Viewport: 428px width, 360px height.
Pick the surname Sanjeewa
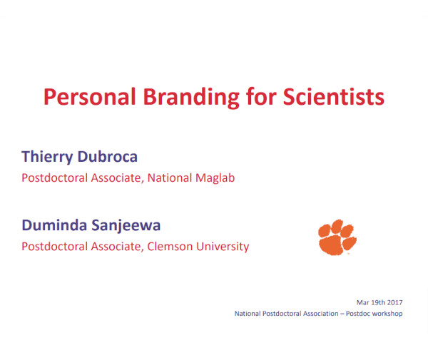[126, 226]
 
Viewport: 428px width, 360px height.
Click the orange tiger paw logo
[337, 237]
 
